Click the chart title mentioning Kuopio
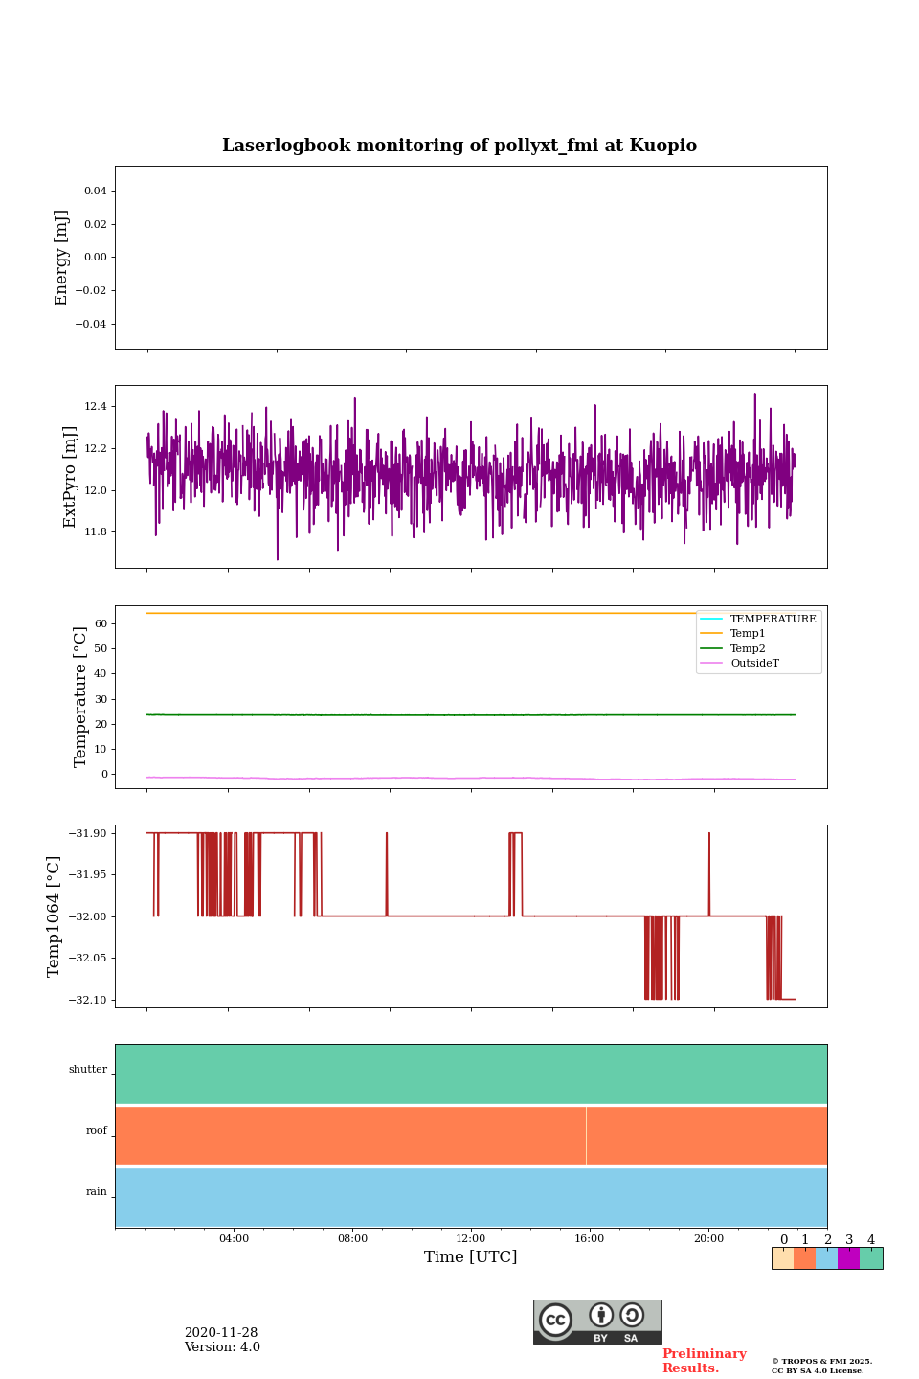pyautogui.click(x=459, y=146)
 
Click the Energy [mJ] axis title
pyautogui.click(x=62, y=258)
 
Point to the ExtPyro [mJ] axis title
pyautogui.click(x=70, y=477)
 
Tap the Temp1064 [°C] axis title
pyautogui.click(x=55, y=916)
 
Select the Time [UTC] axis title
pyautogui.click(x=471, y=1256)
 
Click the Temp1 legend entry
pyautogui.click(x=748, y=634)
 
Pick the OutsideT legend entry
pyautogui.click(x=754, y=664)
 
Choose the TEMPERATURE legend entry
pyautogui.click(x=773, y=620)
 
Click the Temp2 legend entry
pyautogui.click(x=748, y=649)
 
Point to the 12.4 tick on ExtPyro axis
pyautogui.click(x=96, y=407)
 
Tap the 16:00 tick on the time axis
pyautogui.click(x=590, y=1239)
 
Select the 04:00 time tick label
pyautogui.click(x=234, y=1239)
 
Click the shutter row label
pyautogui.click(x=88, y=1070)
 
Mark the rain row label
pyautogui.click(x=97, y=1192)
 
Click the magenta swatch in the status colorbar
pyautogui.click(x=848, y=1258)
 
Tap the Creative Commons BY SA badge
pyautogui.click(x=597, y=1322)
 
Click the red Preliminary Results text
pyautogui.click(x=704, y=1361)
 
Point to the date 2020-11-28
pyautogui.click(x=221, y=1333)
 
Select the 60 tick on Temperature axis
pyautogui.click(x=100, y=623)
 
